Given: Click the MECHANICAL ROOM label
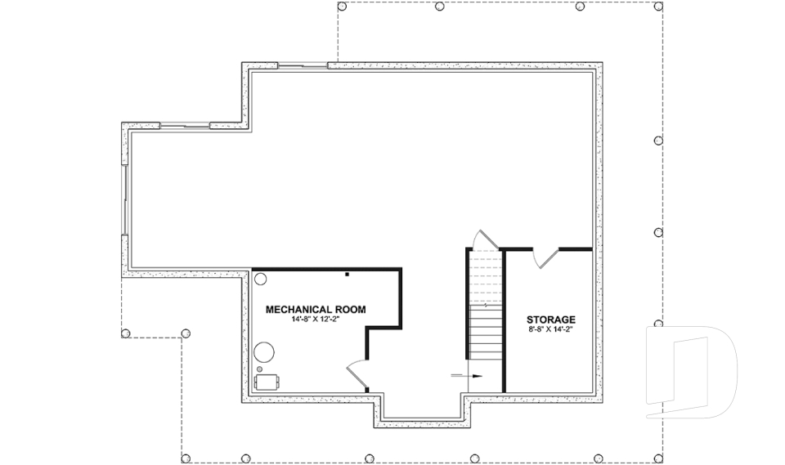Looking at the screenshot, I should tap(316, 309).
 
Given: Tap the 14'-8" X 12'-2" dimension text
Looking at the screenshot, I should tap(316, 320).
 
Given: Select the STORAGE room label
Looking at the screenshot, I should tap(550, 320).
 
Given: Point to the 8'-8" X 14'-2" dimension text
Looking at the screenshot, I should tap(550, 330).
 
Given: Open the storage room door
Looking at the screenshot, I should tap(545, 257).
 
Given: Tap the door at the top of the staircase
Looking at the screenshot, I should tap(483, 239).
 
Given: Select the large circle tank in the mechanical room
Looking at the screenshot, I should tap(264, 353).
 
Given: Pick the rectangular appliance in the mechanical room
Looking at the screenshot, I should tap(267, 382).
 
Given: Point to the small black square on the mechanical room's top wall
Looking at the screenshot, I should tap(347, 274).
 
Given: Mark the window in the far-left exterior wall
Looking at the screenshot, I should tap(124, 200).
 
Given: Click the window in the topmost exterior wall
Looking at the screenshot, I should tap(303, 65).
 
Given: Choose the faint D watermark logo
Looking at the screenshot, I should tap(691, 372).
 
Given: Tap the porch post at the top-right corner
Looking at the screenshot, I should tap(659, 6).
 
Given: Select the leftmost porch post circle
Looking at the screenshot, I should tap(125, 333).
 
